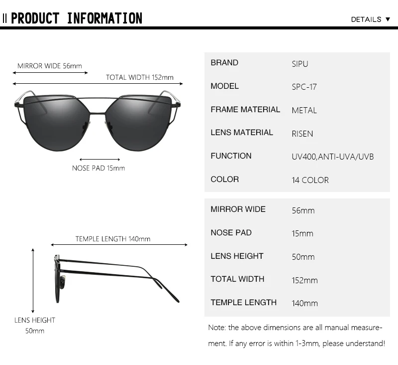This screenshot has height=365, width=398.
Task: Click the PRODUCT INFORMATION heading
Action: (x=77, y=18)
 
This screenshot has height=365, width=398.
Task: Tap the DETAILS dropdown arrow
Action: (x=388, y=19)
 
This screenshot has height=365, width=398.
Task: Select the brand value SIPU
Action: (x=300, y=64)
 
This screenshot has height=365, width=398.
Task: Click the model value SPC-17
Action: (x=304, y=87)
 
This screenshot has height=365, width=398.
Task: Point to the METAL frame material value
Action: (x=304, y=110)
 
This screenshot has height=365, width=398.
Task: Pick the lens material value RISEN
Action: (x=302, y=133)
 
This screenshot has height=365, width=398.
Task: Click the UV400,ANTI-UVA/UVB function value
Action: (x=332, y=157)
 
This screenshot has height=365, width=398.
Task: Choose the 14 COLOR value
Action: (x=310, y=180)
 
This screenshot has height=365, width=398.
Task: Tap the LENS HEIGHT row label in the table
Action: (x=237, y=256)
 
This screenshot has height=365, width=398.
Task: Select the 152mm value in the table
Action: (x=304, y=280)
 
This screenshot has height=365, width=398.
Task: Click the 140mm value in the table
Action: (x=304, y=303)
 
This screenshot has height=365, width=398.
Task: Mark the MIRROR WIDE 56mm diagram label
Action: (x=50, y=66)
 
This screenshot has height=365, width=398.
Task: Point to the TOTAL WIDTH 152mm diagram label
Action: (x=140, y=77)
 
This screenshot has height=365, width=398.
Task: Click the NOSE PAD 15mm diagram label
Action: (x=99, y=168)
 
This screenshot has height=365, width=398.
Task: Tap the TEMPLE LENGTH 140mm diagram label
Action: (x=113, y=239)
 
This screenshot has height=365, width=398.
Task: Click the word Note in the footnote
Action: (x=216, y=328)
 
